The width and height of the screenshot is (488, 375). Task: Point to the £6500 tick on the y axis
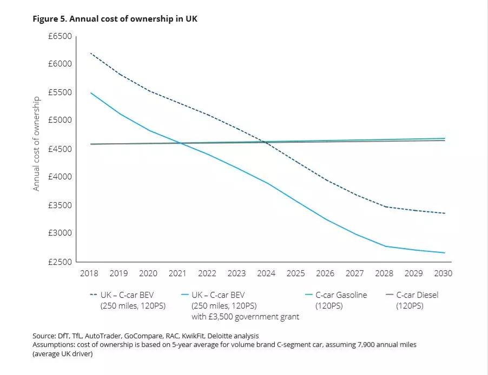tap(60, 36)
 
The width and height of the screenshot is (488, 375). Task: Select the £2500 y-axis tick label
tap(60, 262)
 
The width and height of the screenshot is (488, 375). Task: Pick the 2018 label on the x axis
tap(89, 273)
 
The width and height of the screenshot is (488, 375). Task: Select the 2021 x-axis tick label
tap(177, 273)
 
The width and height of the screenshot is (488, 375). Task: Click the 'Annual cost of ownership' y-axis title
tap(37, 144)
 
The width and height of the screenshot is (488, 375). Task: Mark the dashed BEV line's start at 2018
tap(90, 53)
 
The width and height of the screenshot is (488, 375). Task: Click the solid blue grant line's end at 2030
tap(445, 253)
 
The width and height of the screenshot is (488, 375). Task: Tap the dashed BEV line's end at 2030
tap(445, 213)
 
